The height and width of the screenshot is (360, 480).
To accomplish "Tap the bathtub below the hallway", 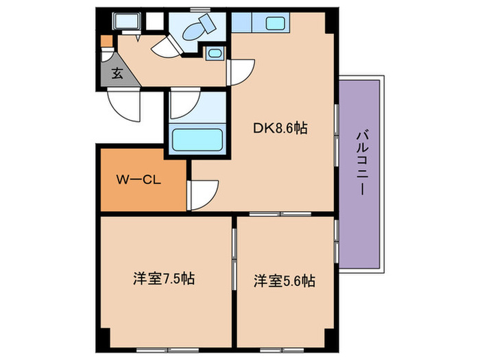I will pos(197,140).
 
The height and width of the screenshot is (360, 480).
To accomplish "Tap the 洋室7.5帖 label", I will pos(163,280).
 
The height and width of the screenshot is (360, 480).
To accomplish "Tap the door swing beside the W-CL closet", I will pos(204,193).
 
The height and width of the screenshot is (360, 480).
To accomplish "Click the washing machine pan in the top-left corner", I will pos(126,22).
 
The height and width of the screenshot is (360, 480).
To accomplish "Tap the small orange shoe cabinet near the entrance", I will pos(105,40).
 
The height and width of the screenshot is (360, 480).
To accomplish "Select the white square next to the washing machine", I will pos(155,21).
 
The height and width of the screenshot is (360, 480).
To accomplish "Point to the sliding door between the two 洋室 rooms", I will pos(235,254).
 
